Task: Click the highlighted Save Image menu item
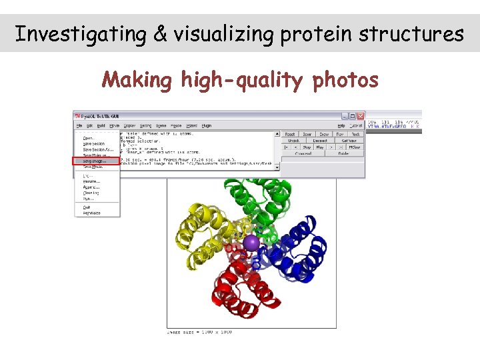[x=95, y=161]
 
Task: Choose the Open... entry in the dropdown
[x=89, y=138]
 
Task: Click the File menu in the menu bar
[x=79, y=125]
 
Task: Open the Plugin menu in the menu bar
[x=207, y=125]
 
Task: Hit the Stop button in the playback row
[x=307, y=147]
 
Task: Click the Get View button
[x=348, y=141]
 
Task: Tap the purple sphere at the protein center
[x=251, y=243]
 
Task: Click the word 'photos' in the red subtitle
[x=345, y=81]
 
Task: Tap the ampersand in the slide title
[x=159, y=33]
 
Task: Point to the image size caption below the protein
[x=199, y=332]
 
